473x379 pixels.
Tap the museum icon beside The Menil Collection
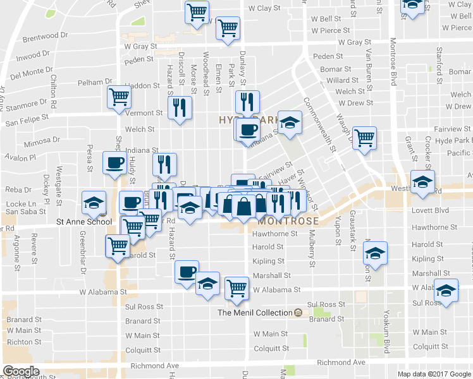pyautogui.click(x=298, y=313)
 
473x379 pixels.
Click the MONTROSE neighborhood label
pyautogui.click(x=287, y=221)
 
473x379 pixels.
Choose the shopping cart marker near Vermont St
pyautogui.click(x=118, y=97)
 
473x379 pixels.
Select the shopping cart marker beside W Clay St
pyautogui.click(x=197, y=11)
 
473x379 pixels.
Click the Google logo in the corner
pyautogui.click(x=21, y=371)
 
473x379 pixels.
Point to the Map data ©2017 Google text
pyautogui.click(x=434, y=374)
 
